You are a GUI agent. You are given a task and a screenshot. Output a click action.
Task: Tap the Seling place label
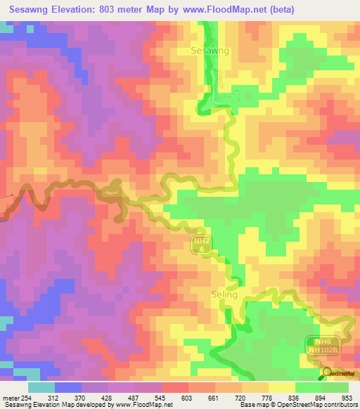pos(224,294)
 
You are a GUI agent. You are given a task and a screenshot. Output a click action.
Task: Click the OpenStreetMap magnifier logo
pos(326,372)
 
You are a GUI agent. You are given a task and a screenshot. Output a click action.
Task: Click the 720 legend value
pos(242,397)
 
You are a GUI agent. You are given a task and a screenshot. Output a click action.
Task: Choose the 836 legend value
pos(295,397)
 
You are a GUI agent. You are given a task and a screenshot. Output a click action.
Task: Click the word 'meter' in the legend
pos(11,397)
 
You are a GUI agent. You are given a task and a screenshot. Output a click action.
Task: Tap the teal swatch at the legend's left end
pos(41,387)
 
